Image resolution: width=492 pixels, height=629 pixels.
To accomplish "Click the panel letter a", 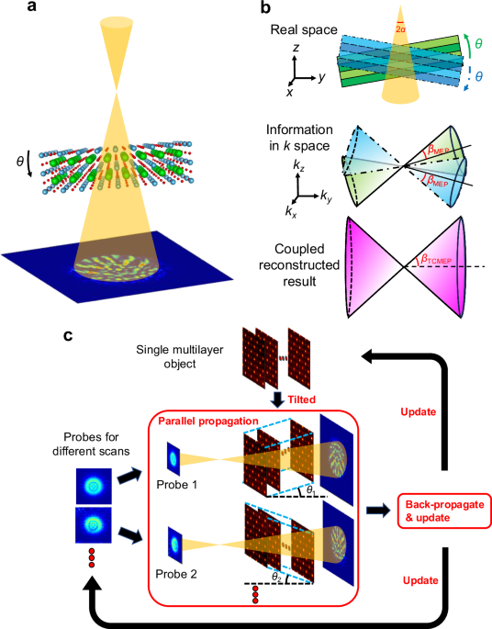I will (x=8, y=8).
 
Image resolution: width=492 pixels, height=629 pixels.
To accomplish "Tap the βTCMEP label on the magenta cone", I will (x=442, y=262).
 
